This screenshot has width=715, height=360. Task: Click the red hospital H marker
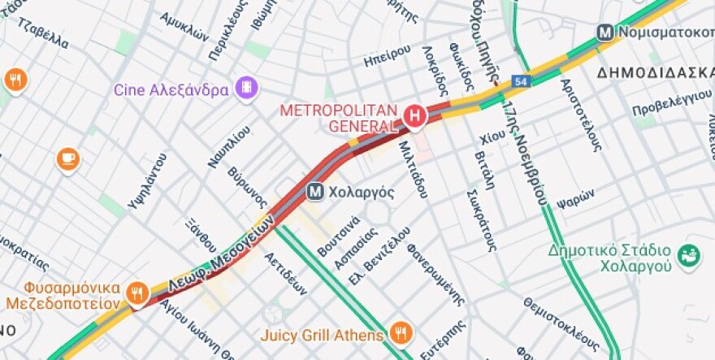pos(415,117)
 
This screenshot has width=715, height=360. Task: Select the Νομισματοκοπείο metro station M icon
pos(604,33)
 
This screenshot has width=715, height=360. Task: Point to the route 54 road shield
pos(521,82)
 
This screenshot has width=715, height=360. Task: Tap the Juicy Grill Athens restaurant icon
pos(401,333)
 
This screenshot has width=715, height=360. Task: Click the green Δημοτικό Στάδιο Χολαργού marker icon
pos(689,256)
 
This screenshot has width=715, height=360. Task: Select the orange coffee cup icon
pos(68,158)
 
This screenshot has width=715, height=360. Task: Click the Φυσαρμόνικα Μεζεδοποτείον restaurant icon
pos(138,292)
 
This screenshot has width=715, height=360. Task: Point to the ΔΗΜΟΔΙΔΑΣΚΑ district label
pos(655,72)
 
